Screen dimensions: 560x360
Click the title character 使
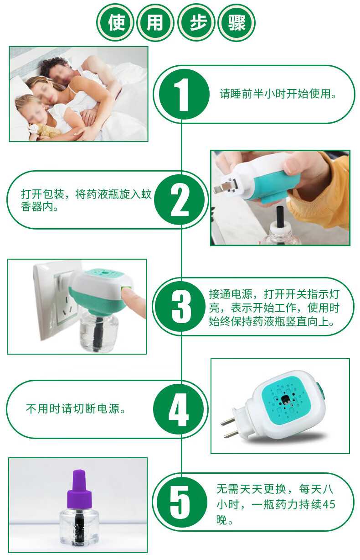pos(116,22)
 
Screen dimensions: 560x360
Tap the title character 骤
pos(237,22)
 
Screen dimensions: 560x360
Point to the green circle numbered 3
pos(181,307)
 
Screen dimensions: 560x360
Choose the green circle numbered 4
pos(179,409)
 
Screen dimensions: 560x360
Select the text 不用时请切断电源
pos(76,408)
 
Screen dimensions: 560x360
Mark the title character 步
pos(196,22)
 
